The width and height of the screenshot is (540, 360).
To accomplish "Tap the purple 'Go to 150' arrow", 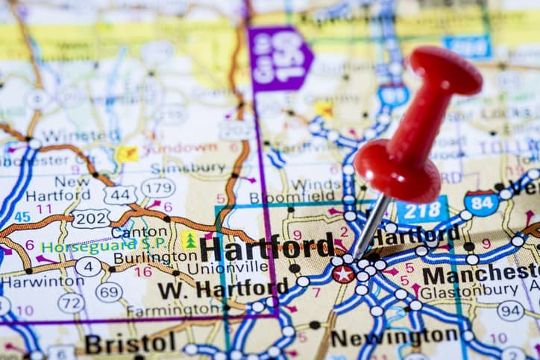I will pyautogui.click(x=278, y=58).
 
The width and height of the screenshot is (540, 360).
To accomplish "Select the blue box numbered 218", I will pyautogui.click(x=421, y=210).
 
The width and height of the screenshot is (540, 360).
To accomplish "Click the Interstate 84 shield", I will pyautogui.click(x=481, y=203).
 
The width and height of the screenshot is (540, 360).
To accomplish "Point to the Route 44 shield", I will pyautogui.click(x=120, y=195).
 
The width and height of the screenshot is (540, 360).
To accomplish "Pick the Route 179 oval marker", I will pyautogui.click(x=158, y=188).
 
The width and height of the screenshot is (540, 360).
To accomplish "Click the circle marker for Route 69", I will pyautogui.click(x=109, y=291).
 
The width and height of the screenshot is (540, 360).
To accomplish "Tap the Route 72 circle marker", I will pyautogui.click(x=72, y=303).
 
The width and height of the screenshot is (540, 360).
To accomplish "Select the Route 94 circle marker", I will pyautogui.click(x=510, y=310).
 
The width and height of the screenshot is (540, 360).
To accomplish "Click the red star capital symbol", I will pyautogui.click(x=343, y=274).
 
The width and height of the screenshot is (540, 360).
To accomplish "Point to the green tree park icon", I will pyautogui.click(x=190, y=240).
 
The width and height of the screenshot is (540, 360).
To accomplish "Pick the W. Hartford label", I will pyautogui.click(x=222, y=288).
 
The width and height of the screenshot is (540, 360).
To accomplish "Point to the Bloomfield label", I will pyautogui.click(x=287, y=198).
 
